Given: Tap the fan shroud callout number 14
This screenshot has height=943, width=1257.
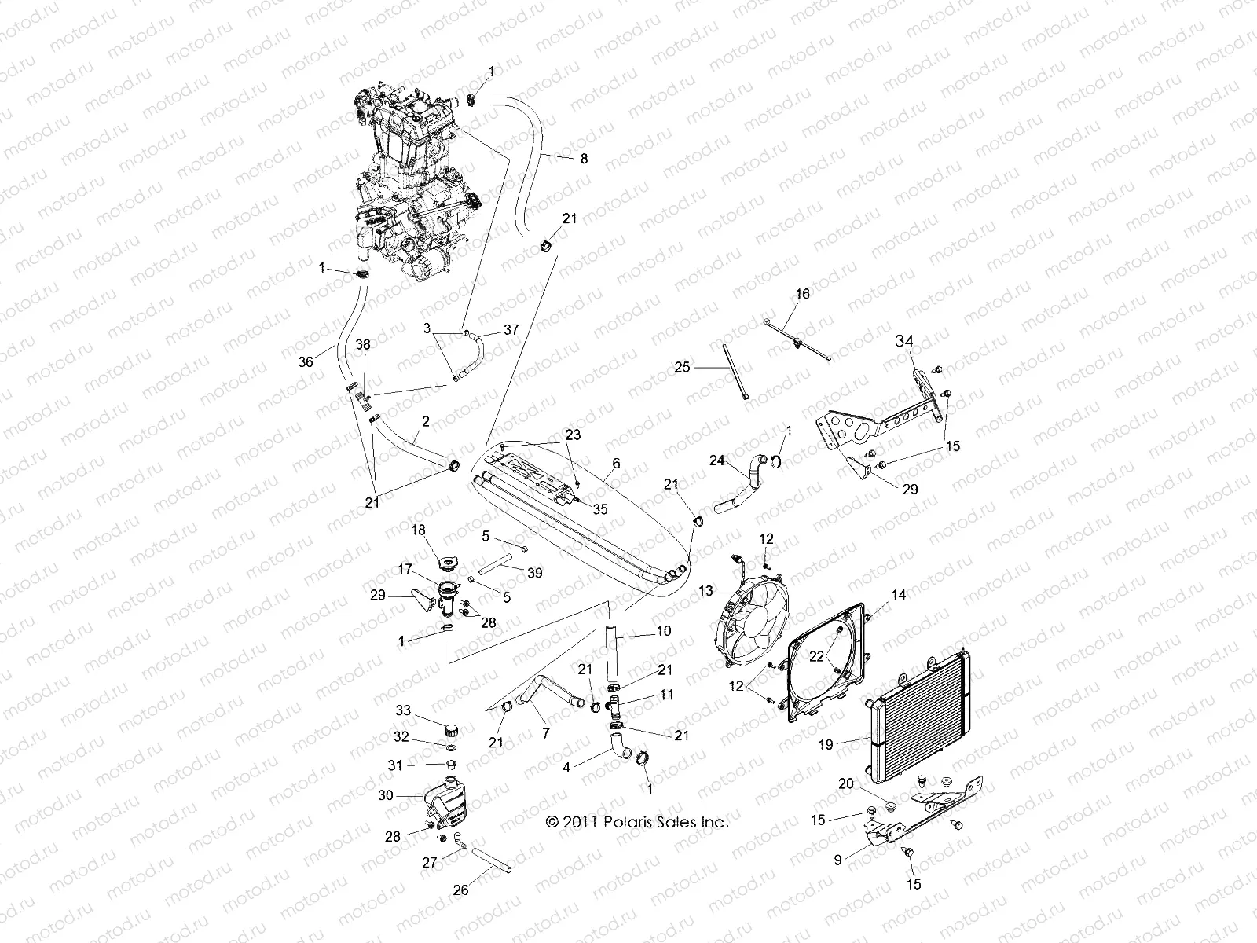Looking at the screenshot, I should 898,596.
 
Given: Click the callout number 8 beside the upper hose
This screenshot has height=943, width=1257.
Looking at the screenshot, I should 583,158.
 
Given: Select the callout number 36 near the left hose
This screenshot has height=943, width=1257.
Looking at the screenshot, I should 306,361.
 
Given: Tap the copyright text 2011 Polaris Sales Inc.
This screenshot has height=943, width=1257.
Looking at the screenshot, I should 638,823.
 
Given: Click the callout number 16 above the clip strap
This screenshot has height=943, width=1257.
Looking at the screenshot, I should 801,294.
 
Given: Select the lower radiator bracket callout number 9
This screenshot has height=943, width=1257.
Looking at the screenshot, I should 837,860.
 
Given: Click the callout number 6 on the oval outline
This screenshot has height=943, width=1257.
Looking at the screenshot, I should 616,464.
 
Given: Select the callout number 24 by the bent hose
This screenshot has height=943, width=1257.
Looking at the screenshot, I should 716,461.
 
